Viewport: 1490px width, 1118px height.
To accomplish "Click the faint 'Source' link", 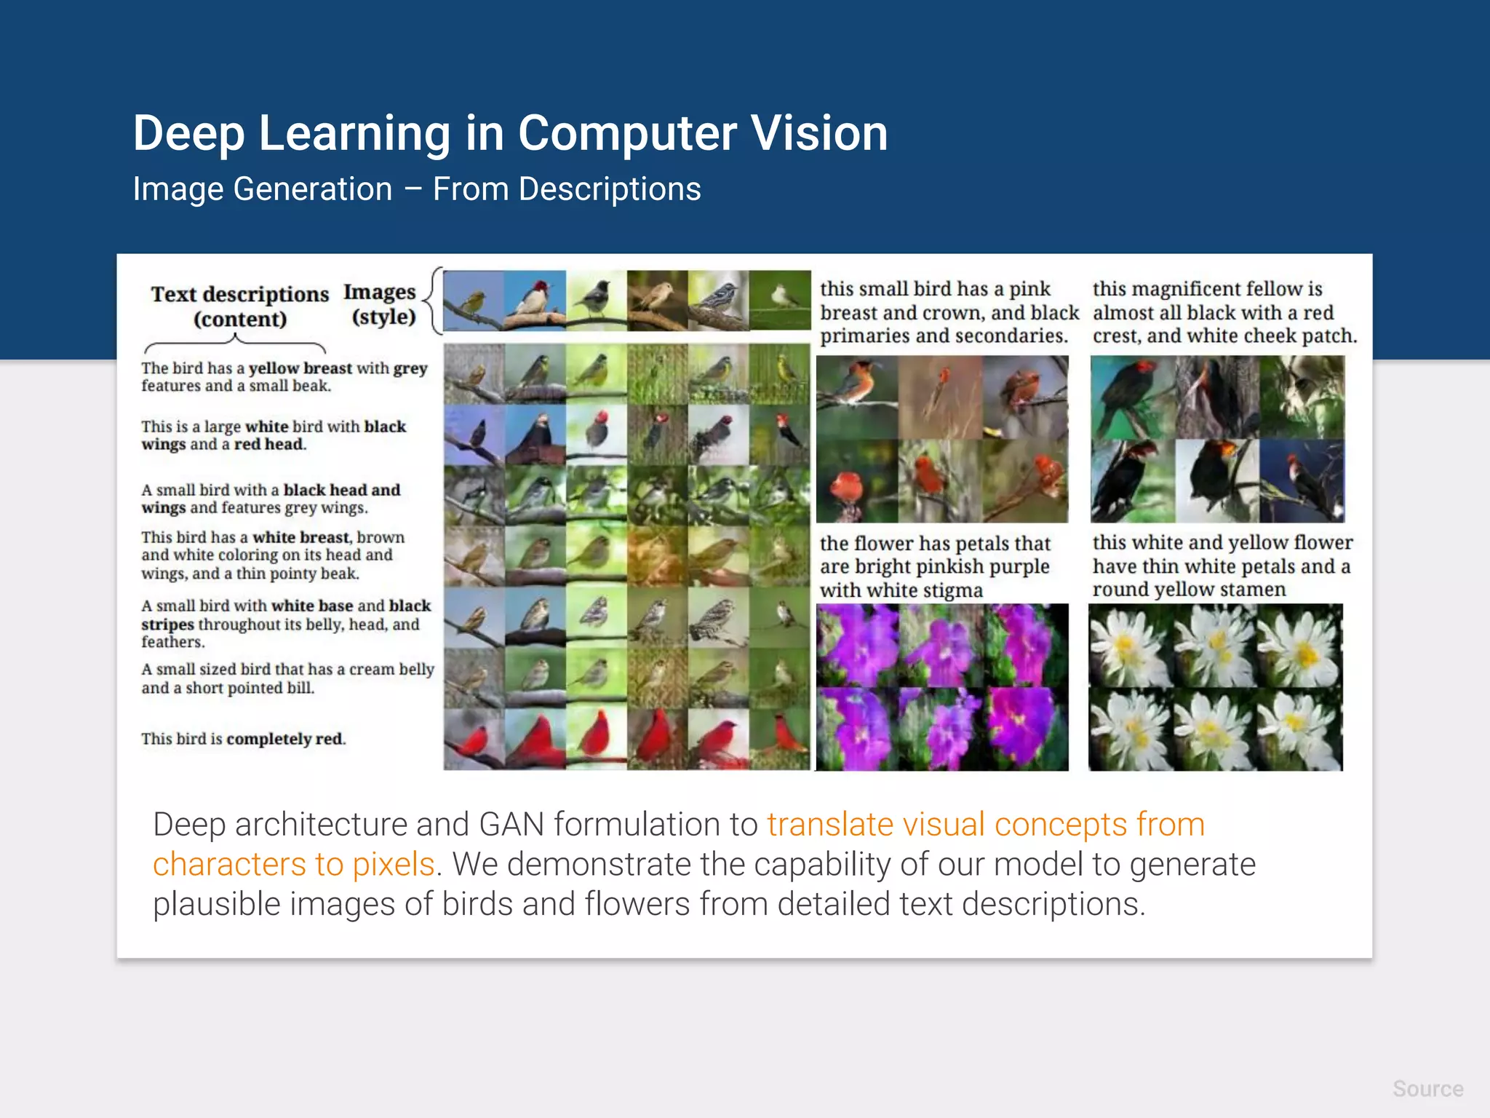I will [x=1427, y=1089].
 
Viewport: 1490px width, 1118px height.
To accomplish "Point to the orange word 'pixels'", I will [x=393, y=865].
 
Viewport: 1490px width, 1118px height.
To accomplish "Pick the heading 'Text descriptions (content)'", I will [x=239, y=306].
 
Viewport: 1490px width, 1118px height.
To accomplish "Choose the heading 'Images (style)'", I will [x=381, y=304].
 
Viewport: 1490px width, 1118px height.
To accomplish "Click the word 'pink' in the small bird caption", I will [x=1029, y=289].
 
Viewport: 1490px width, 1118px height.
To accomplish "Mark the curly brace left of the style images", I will [x=434, y=301].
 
